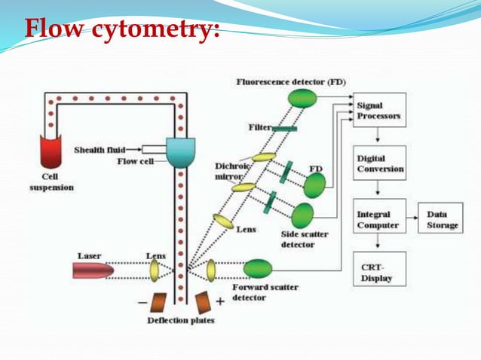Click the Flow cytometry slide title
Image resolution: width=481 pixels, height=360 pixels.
[x=121, y=31]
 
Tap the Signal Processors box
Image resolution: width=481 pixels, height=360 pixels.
[x=379, y=110]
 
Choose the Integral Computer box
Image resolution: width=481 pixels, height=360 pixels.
[x=379, y=220]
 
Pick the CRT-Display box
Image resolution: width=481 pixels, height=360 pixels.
[x=379, y=268]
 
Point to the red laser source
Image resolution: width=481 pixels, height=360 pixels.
[x=93, y=269]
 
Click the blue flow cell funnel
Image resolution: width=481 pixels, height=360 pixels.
[x=180, y=153]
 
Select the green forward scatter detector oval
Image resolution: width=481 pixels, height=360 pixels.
[x=258, y=268]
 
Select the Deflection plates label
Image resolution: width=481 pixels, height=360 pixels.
[x=181, y=321]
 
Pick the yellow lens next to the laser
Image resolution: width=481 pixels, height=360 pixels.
[x=155, y=269]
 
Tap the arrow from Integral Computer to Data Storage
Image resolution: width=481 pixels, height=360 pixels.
[x=415, y=219]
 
